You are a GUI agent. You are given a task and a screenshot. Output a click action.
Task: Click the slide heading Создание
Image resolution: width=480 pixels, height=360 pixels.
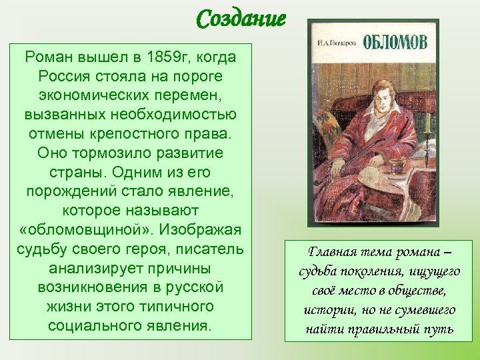(241, 18)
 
